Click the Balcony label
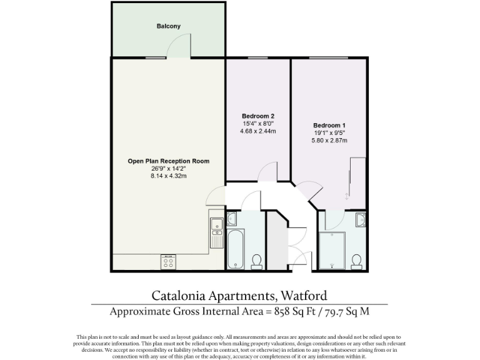(x=168, y=26)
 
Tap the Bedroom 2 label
(x=258, y=116)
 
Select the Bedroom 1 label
(x=329, y=125)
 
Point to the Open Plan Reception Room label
(x=168, y=161)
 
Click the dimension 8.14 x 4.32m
(x=168, y=176)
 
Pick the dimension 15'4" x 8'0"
(x=258, y=124)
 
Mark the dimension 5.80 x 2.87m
(x=329, y=141)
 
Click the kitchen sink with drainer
(x=217, y=232)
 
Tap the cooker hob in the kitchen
(x=168, y=261)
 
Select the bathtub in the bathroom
(x=236, y=250)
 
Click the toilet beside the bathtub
(x=256, y=260)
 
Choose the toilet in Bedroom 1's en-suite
(x=357, y=260)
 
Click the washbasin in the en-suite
(x=360, y=219)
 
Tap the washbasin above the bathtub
(x=232, y=219)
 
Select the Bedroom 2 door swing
(x=269, y=170)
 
